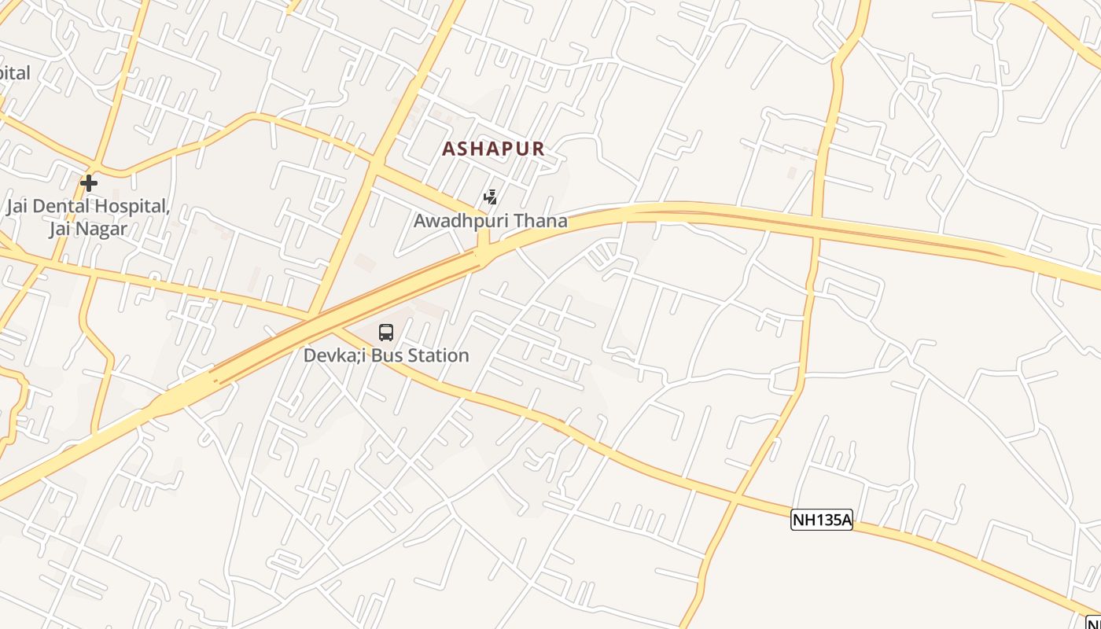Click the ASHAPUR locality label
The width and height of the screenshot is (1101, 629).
tap(493, 149)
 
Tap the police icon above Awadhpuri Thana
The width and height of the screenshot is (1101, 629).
tap(490, 197)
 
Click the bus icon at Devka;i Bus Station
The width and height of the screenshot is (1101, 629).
tap(385, 333)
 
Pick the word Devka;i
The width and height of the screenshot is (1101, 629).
tap(335, 355)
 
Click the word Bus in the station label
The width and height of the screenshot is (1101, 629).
tap(385, 355)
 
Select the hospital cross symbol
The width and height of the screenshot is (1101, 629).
tap(89, 183)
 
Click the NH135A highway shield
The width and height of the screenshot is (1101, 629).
tap(821, 520)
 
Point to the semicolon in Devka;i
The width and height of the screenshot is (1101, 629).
tap(357, 356)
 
